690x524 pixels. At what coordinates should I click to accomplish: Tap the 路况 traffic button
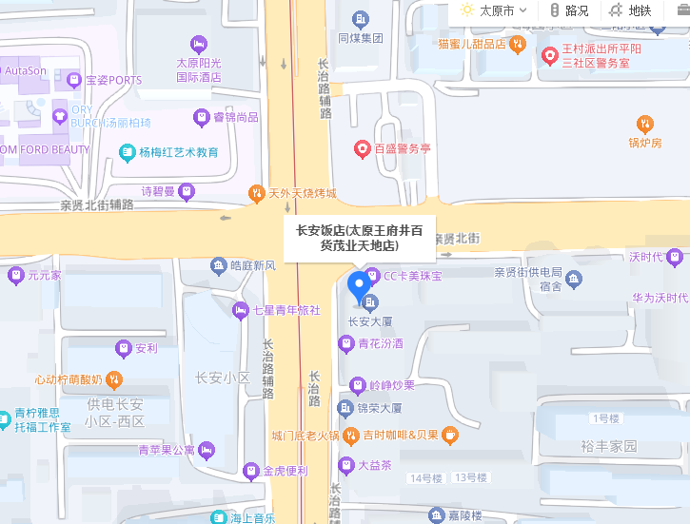click(569, 10)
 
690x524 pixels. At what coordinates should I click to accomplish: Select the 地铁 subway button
click(631, 10)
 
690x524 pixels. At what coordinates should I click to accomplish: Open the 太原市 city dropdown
click(494, 10)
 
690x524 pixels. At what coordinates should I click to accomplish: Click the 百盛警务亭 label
click(403, 148)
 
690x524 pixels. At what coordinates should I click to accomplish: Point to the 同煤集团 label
click(361, 38)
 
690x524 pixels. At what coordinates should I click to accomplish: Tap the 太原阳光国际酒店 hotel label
click(198, 69)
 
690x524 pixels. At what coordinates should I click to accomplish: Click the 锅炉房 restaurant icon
click(644, 124)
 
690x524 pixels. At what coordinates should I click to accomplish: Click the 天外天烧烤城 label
click(303, 194)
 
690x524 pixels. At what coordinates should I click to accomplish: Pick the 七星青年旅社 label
click(286, 309)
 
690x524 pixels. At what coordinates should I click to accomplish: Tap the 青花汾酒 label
click(381, 343)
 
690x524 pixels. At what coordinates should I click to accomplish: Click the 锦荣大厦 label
click(380, 408)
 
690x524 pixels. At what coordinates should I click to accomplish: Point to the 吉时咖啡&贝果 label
click(400, 436)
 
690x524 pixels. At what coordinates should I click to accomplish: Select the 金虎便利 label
click(285, 470)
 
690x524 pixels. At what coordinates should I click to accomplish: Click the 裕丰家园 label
click(609, 445)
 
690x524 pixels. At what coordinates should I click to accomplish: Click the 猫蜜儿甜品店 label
click(471, 44)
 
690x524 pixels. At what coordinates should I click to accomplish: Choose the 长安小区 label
click(222, 378)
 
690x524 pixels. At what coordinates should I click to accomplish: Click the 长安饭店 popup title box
click(360, 238)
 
